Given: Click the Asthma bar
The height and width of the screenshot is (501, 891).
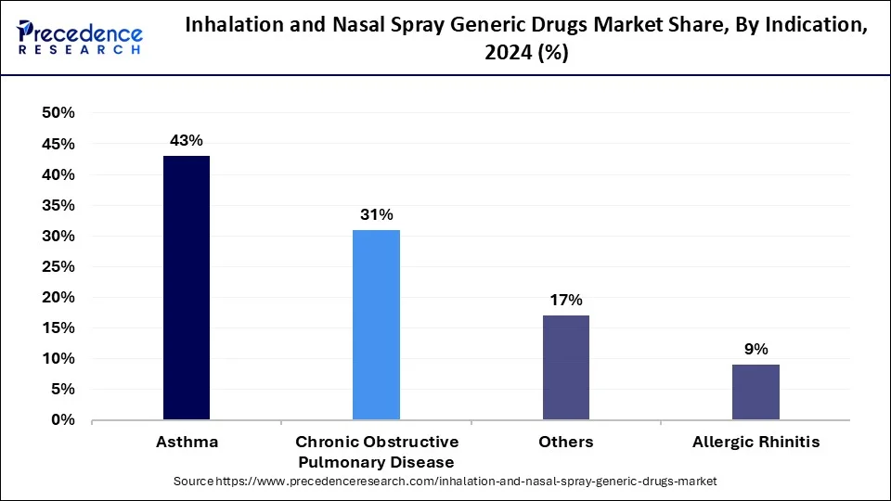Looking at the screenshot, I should click(x=187, y=288).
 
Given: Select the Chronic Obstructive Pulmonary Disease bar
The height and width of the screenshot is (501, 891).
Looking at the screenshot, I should click(x=376, y=325).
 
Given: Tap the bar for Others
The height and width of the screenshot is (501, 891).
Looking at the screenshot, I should click(x=565, y=367).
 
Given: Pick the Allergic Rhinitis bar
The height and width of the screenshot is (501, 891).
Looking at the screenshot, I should click(x=755, y=392).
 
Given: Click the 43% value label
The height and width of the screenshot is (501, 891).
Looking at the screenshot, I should click(x=187, y=140).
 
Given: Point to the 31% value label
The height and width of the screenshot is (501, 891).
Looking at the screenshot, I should click(x=376, y=214).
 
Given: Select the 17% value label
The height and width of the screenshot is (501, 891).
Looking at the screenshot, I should click(x=565, y=300).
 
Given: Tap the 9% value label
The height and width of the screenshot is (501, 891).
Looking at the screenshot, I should click(x=755, y=349).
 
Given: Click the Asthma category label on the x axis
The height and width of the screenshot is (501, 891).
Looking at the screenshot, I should click(x=187, y=443).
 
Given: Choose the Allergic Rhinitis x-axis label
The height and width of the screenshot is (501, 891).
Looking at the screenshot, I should click(x=755, y=443).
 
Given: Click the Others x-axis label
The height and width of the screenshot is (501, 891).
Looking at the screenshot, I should click(x=565, y=443).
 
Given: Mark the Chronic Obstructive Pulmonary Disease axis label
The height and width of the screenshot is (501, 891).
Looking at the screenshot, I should click(x=376, y=452).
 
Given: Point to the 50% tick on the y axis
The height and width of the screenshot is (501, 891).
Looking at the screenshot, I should click(x=58, y=113).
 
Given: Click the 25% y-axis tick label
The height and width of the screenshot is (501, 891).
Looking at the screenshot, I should click(x=58, y=266).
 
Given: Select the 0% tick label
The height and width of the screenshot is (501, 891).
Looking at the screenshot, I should click(x=62, y=420).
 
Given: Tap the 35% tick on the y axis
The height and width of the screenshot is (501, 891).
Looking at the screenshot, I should click(x=58, y=205).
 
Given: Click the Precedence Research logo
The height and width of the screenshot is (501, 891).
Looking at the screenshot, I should click(x=80, y=38).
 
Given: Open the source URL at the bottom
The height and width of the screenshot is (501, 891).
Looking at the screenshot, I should click(x=445, y=482).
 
